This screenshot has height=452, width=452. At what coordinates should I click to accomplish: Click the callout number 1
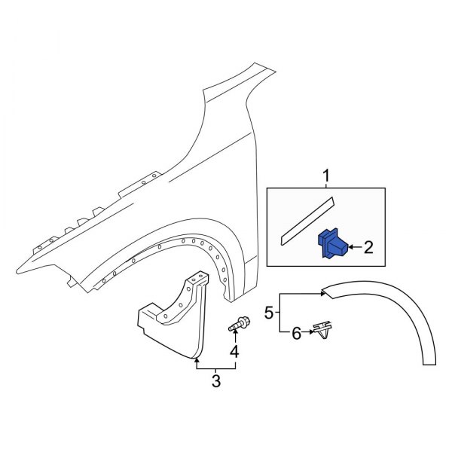(326, 176)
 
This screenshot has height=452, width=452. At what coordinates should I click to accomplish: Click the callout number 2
(368, 246)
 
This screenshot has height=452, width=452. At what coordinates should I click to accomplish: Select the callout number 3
(215, 380)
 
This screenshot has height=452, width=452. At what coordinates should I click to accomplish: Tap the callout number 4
(234, 352)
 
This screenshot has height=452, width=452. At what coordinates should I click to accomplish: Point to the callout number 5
(267, 311)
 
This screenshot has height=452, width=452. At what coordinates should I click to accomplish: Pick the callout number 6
(296, 332)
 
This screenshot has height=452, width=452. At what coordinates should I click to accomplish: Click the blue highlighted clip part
(332, 244)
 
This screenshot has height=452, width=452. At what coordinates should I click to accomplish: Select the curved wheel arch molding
(392, 309)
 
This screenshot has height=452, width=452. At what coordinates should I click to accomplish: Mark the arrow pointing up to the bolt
(234, 337)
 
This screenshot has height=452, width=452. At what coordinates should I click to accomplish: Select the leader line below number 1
(326, 185)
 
